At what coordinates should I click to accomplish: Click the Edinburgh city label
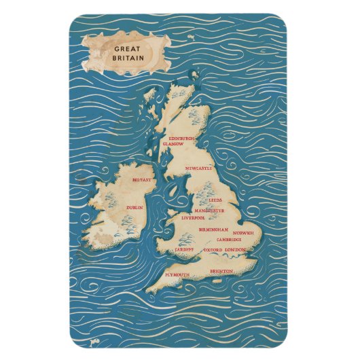click(181, 139)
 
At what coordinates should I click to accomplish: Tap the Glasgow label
click(173, 144)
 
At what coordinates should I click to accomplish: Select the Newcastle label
click(199, 168)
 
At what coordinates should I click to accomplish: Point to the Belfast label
click(142, 180)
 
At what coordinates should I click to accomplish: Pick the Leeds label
click(215, 201)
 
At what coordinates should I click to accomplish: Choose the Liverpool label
click(194, 219)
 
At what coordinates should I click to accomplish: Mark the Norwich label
click(242, 233)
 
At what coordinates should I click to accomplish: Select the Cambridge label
click(229, 240)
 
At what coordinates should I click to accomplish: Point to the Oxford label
click(213, 250)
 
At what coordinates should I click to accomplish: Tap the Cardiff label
click(184, 250)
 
